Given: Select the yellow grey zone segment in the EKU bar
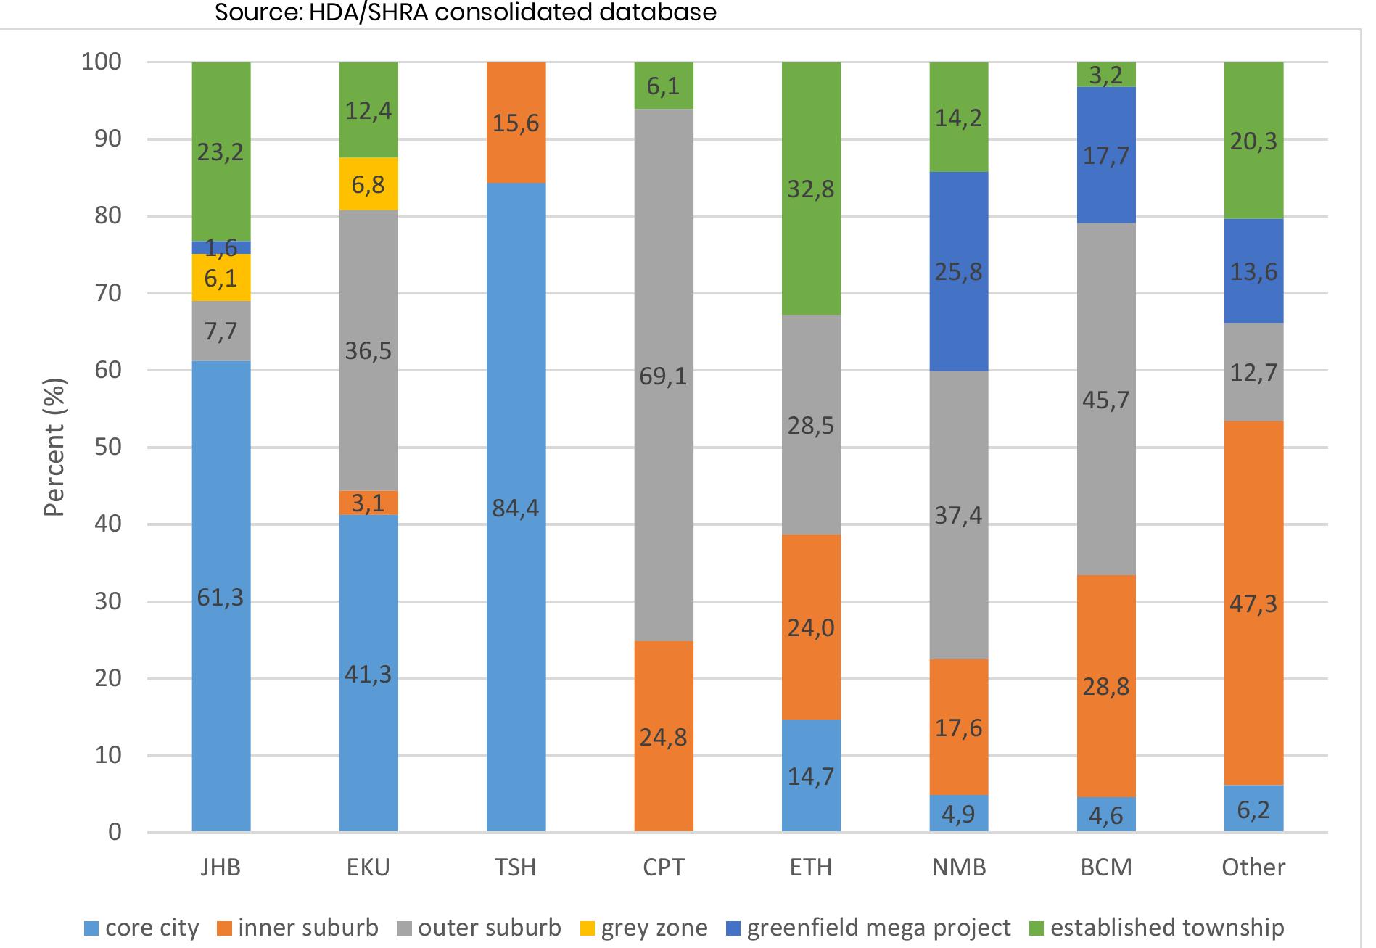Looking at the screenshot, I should coord(368,184).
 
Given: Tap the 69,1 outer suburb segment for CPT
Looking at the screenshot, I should coord(664,375).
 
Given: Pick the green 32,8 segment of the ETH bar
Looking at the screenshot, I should coord(811,189).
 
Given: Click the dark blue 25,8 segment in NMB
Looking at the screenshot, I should coord(959,271).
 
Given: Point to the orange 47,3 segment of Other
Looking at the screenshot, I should coord(1253,603).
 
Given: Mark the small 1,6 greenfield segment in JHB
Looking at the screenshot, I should coord(221,248).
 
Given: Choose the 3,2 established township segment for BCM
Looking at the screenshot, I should coord(1106,75).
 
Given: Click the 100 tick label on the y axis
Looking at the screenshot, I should coord(102,62).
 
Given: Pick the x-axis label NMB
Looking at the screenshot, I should coord(959,867).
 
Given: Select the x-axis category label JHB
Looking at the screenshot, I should coord(221,867).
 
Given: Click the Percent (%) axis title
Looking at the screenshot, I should coord(55,447).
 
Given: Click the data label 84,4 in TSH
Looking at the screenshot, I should coord(516,508).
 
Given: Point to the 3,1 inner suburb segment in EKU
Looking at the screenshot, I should coord(368,503).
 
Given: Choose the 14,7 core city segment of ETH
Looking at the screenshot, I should coord(811,775).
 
